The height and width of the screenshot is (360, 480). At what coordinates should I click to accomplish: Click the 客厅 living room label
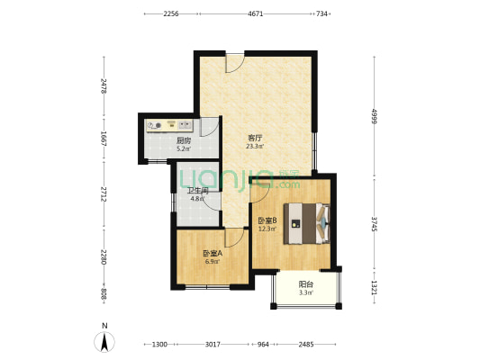click(x=255, y=138)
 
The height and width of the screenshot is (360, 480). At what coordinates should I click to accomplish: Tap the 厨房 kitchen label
click(x=184, y=140)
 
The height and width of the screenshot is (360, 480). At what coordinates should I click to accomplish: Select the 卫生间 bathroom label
click(x=198, y=191)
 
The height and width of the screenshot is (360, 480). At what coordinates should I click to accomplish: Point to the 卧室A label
click(x=213, y=254)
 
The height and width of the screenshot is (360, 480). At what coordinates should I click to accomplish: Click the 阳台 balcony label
click(x=306, y=284)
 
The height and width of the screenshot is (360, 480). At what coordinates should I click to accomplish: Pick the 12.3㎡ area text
click(x=267, y=229)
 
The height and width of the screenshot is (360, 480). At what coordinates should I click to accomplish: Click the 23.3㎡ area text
click(x=255, y=146)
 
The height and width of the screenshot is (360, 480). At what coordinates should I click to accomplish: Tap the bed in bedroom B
click(x=307, y=223)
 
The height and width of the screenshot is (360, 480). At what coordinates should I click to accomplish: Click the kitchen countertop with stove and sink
click(x=169, y=126)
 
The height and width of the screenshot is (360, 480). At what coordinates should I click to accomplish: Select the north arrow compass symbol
click(x=104, y=342)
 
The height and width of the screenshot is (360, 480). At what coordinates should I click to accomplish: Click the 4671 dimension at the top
click(x=255, y=13)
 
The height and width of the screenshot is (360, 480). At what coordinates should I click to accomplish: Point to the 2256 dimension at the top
click(x=170, y=13)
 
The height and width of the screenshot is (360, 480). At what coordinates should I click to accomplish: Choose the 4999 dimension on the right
click(x=374, y=116)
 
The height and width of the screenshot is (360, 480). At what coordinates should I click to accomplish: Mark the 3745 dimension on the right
click(x=374, y=224)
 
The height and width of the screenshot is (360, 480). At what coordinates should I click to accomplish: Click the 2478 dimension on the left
click(x=104, y=85)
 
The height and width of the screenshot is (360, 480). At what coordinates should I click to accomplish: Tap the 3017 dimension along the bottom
click(x=213, y=345)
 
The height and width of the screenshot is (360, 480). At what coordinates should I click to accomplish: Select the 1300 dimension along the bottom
click(x=159, y=345)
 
